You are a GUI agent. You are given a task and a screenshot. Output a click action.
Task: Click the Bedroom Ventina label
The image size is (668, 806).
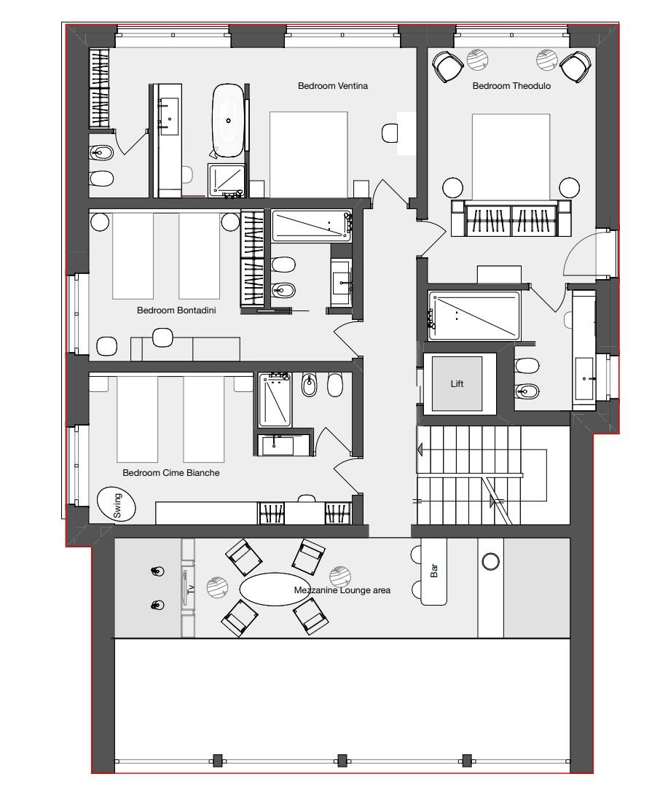coord(333,86)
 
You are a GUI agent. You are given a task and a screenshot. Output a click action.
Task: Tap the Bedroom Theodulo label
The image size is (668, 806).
coord(511,86)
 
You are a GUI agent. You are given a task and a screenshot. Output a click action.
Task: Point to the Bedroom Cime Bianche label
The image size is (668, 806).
coord(170,473)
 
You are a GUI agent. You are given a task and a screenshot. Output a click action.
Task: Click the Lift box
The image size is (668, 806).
coord(457,383)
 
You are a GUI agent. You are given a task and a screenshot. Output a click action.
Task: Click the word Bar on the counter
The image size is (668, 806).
coord(434,571)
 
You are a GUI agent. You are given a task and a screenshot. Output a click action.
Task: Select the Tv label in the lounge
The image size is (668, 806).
coord(191,589)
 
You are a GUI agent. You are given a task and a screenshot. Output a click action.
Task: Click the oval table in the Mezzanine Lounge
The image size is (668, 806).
coord(270,589)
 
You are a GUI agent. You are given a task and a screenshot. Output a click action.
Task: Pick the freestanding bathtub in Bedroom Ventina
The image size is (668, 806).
coord(228,120)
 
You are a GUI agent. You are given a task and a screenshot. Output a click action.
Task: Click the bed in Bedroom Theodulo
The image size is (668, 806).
coord(511,156)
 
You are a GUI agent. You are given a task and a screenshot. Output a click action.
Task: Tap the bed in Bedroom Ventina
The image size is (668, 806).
coord(308,154)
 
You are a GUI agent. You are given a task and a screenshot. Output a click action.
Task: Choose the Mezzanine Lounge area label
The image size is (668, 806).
coord(342,590)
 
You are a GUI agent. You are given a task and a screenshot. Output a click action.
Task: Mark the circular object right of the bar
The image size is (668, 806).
coord(490,561)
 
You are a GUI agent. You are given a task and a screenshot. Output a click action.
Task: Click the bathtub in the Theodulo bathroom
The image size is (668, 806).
coord(474,316)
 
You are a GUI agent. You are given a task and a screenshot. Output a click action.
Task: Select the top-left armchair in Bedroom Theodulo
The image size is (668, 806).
coord(448,66)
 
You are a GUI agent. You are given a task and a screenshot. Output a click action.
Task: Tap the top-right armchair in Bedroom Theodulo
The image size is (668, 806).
coord(575,66)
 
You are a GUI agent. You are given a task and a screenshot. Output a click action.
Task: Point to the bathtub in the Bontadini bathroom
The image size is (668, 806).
coord(311,226)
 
